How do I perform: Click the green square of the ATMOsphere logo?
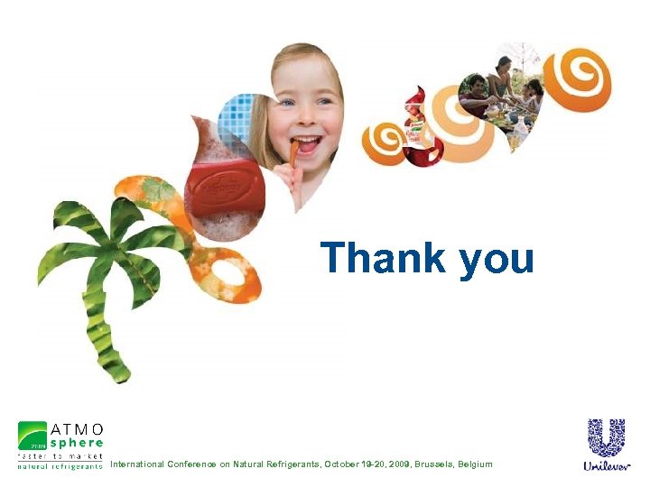point(32,436)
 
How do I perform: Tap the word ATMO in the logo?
point(76,428)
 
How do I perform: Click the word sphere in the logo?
point(76,443)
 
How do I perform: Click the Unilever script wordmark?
point(606,466)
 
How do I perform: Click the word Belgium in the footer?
point(475,464)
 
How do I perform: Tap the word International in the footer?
point(137,464)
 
